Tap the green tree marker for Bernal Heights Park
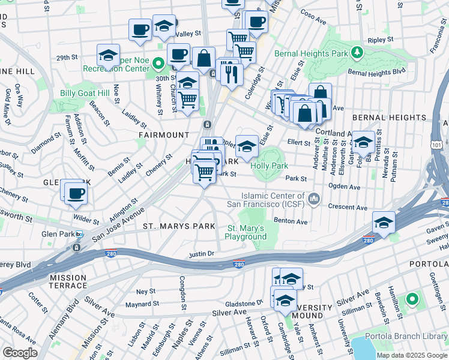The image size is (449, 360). tap(357, 52)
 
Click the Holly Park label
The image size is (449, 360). tap(270, 166)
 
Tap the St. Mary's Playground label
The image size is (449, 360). tap(246, 232)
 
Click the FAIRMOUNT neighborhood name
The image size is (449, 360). tap(160, 135)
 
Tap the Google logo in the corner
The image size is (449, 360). tap(20, 353)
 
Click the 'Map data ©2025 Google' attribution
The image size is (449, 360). tap(411, 355)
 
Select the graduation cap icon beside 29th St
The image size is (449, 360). tap(108, 56)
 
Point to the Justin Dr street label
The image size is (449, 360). tap(202, 254)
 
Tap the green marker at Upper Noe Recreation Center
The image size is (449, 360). tap(158, 62)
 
